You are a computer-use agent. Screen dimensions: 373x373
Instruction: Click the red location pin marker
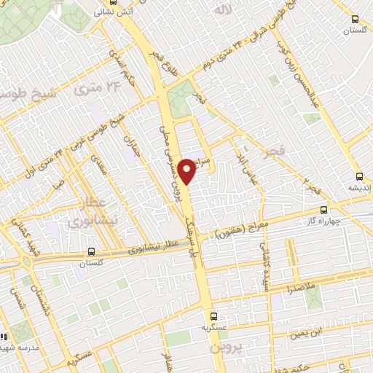(187, 170)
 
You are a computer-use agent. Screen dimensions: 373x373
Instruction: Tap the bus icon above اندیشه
(358, 176)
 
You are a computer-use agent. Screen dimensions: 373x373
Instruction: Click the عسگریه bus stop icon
(213, 316)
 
